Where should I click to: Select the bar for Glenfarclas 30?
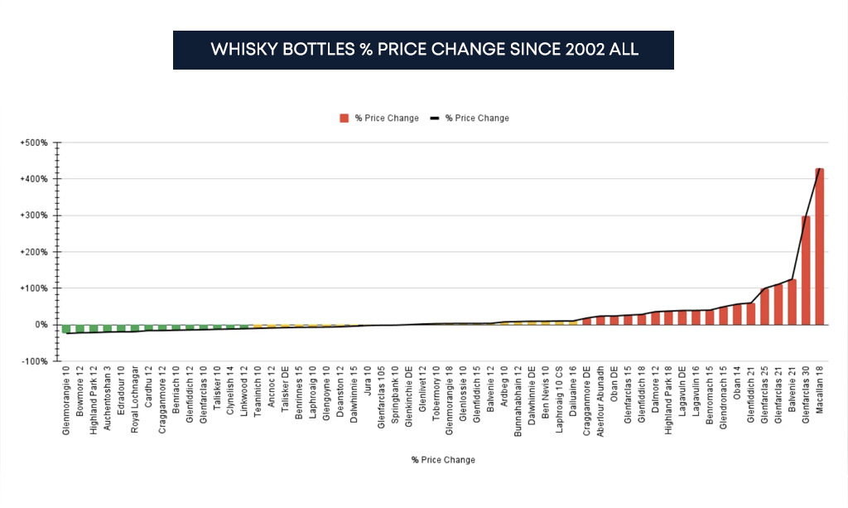[x=806, y=270]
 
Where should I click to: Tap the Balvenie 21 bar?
[x=792, y=302]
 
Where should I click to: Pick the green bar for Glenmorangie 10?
[x=66, y=329]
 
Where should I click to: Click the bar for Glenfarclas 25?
[x=764, y=307]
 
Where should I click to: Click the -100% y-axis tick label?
[x=35, y=361]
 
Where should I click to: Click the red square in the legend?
[x=344, y=119]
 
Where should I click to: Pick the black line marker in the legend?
[x=435, y=119]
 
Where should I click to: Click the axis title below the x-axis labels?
[x=443, y=460]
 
